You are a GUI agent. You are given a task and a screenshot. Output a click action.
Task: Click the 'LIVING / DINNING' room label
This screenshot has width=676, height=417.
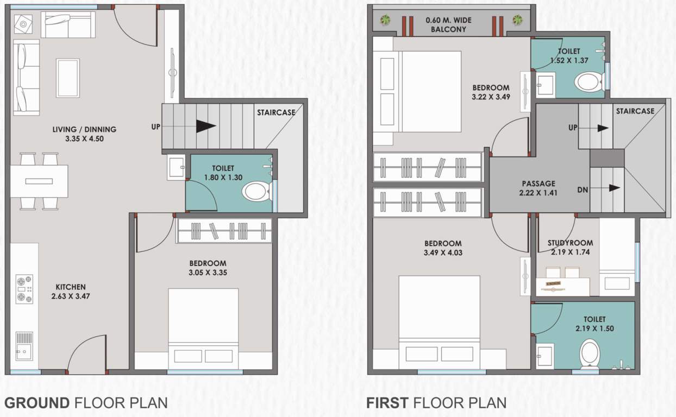pos(84,129)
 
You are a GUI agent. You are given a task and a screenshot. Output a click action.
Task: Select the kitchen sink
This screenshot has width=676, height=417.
pos(24,346)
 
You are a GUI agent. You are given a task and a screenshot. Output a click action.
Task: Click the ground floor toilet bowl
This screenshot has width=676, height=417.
pos(256,192)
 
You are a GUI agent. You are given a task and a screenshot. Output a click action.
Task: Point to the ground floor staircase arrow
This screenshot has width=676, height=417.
pos(205,127)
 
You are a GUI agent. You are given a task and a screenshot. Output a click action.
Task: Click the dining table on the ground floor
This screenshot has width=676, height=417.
pos(39,181)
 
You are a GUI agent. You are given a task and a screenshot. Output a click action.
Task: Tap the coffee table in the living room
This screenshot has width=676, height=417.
pos(68,78)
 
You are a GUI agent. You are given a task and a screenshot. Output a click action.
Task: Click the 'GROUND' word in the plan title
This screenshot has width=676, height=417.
pos(37,403)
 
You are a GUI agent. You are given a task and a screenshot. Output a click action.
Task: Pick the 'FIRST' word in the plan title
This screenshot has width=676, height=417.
pos(387,403)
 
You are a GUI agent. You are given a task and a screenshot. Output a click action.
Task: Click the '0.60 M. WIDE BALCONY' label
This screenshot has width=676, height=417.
pos(448,25)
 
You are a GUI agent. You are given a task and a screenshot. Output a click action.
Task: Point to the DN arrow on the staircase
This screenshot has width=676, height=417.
pos(614,188)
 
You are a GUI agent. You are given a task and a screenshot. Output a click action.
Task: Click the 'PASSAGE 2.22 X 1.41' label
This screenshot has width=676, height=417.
pos(539,188)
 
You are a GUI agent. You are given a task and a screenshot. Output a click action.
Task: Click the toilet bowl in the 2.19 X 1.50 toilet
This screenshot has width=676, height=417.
pos(590,353)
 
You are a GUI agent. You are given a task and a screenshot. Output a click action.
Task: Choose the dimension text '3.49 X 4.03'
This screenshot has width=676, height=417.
pos(443,252)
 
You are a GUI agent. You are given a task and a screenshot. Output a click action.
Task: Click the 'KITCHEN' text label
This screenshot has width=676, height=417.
pos(71,287)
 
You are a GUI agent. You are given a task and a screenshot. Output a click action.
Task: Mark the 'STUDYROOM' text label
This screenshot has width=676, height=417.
pos(570,243)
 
